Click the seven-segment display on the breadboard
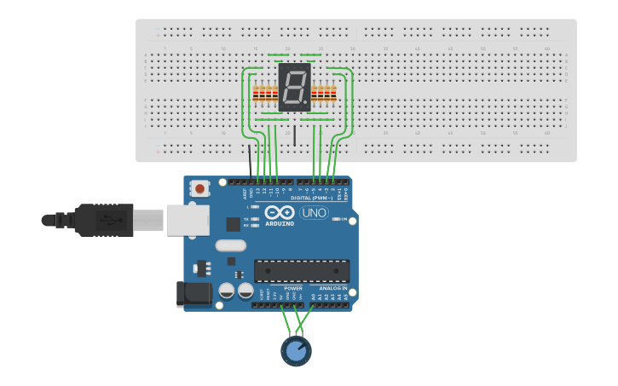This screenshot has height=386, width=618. point(294,87)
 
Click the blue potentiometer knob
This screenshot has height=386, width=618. point(296,350)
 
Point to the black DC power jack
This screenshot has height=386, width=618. point(193,294)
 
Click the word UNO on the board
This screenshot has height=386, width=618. point(314,212)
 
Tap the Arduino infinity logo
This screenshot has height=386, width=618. point(279,212)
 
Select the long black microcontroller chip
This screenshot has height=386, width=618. point(302,271)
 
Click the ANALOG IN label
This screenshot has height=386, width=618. point(332,288)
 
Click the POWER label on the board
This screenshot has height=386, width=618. point(292,288)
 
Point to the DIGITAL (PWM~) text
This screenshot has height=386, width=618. point(312,198)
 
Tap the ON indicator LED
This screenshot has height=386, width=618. point(338,219)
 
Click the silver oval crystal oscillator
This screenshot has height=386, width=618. point(230,246)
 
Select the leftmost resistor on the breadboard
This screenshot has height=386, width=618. point(256,94)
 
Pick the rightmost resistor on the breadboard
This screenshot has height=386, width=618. point(333,94)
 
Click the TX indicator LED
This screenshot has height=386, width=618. point(255,219)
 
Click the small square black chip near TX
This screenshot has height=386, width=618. point(233,224)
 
